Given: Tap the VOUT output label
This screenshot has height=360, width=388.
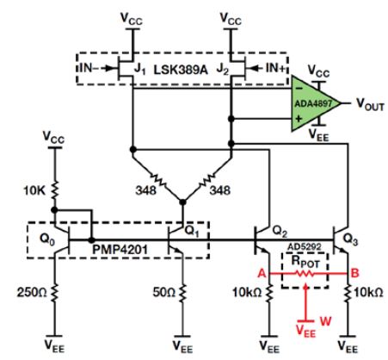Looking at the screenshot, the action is pyautogui.click(x=370, y=104).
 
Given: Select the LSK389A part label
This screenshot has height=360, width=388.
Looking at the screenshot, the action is pyautogui.click(x=181, y=70).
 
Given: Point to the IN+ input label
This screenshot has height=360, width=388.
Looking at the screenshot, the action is pyautogui.click(x=276, y=68).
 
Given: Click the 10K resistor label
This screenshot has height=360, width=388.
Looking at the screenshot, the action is pyautogui.click(x=34, y=190).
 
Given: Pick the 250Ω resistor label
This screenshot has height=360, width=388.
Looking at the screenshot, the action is pyautogui.click(x=32, y=293).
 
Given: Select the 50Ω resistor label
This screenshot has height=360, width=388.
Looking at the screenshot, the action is pyautogui.click(x=163, y=293).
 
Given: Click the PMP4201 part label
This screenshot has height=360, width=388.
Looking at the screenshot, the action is pyautogui.click(x=120, y=249).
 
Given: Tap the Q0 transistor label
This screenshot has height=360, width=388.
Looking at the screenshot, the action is pyautogui.click(x=46, y=239).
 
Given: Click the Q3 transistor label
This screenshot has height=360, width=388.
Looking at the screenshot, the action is pyautogui.click(x=350, y=239).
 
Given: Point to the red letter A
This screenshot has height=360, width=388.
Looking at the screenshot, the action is pyautogui.click(x=262, y=273).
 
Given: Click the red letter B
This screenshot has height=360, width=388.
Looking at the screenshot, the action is pyautogui.click(x=354, y=273).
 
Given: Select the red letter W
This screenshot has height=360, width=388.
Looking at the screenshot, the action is pyautogui.click(x=325, y=321).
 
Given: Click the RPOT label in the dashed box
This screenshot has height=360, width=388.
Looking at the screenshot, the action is pyautogui.click(x=305, y=262).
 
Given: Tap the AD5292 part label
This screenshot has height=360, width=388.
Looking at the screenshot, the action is pyautogui.click(x=305, y=247).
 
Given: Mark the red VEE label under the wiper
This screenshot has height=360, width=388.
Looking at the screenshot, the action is pyautogui.click(x=305, y=331).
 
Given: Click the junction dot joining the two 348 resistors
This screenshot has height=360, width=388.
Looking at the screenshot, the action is pyautogui.click(x=182, y=202).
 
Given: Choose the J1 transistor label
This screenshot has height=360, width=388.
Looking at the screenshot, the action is pyautogui.click(x=139, y=69).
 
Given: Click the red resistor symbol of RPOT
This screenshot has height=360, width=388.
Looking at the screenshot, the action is pyautogui.click(x=305, y=274).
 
